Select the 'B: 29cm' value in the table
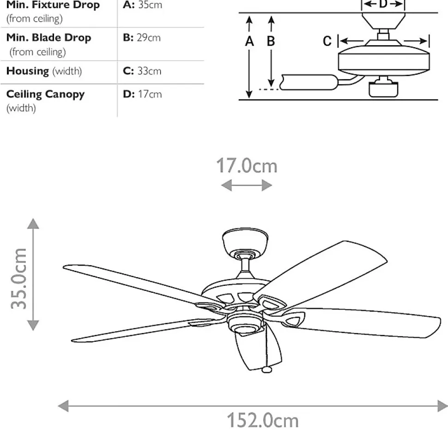[142, 38]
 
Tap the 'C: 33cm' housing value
[142, 71]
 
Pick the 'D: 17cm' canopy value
[142, 94]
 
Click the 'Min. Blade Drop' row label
[48, 38]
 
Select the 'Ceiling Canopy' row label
[45, 94]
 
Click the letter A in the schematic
[249, 42]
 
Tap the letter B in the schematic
[271, 42]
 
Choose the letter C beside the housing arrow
[327, 42]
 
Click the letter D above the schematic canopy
[383, 5]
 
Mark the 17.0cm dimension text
[247, 166]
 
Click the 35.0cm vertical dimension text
[20, 278]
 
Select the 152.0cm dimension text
[262, 421]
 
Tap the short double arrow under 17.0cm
[246, 186]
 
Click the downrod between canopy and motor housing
[246, 265]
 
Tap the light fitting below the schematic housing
[383, 88]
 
